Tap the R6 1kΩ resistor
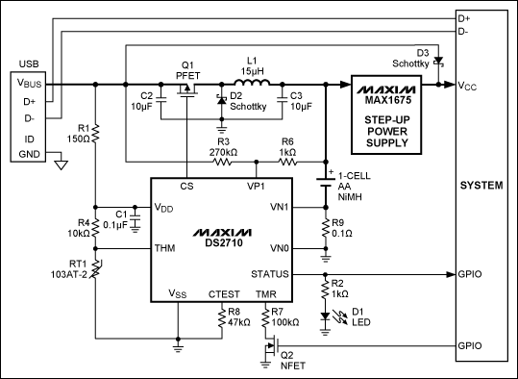[x=288, y=163]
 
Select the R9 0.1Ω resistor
[x=326, y=231]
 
